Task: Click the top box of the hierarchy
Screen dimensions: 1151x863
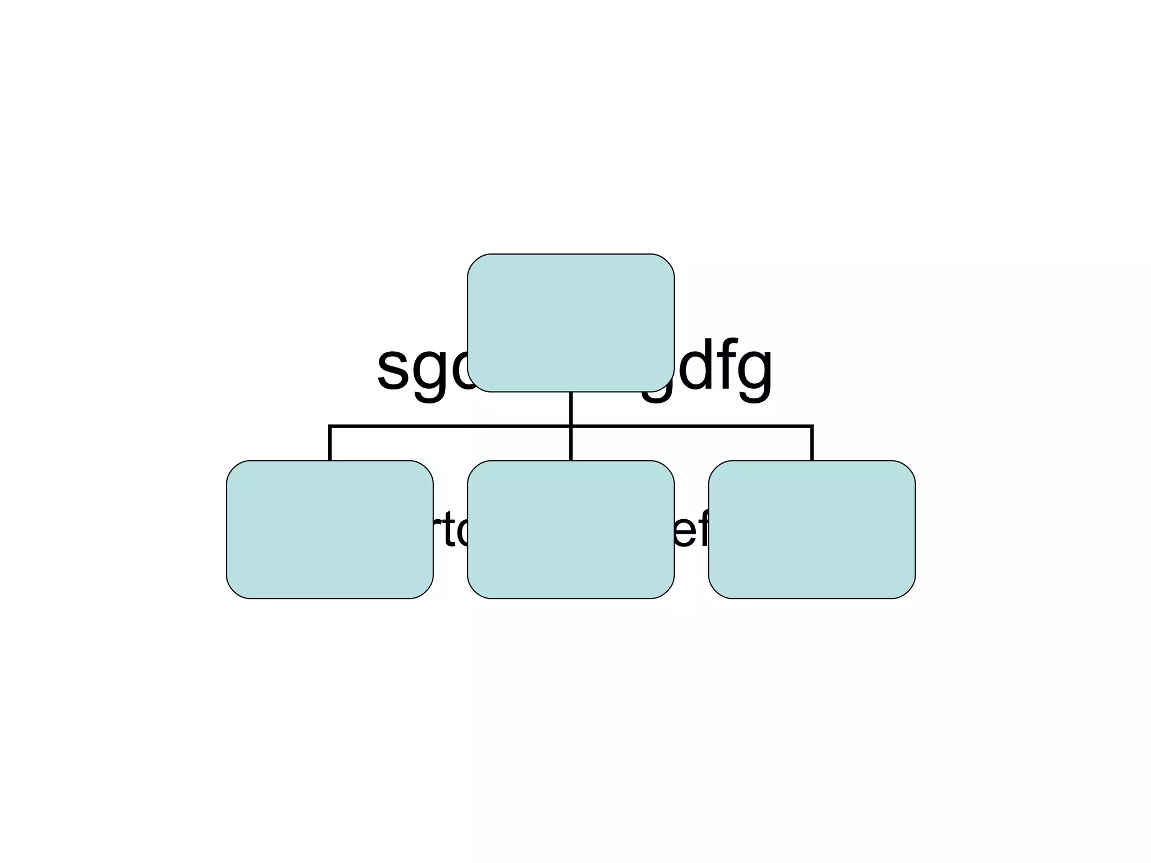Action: coord(570,323)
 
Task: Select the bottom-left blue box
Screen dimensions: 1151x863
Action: coord(329,529)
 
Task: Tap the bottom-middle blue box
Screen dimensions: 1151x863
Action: coord(570,529)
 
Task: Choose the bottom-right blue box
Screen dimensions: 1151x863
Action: coord(812,529)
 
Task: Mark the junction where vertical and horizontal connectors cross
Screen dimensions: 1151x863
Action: coord(570,426)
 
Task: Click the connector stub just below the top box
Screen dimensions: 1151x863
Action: coord(570,408)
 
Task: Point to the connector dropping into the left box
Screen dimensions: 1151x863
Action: coord(329,444)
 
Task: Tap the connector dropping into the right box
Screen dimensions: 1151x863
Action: coord(812,444)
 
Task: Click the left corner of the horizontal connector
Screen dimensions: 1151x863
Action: coord(330,427)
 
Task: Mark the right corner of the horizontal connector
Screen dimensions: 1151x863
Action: coord(812,427)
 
